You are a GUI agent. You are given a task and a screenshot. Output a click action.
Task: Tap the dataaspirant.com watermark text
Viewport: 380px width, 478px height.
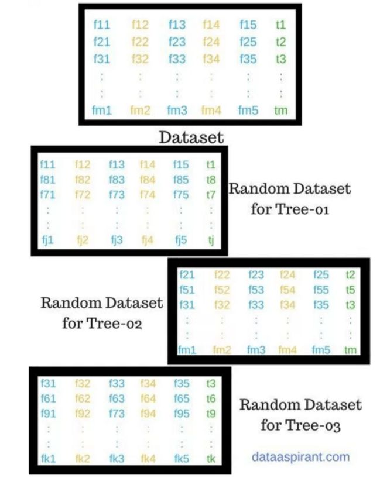(x=301, y=457)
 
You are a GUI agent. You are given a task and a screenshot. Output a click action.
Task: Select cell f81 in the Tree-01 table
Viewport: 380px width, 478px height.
(x=48, y=180)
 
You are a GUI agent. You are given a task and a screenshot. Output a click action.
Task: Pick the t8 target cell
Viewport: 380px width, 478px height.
(x=211, y=180)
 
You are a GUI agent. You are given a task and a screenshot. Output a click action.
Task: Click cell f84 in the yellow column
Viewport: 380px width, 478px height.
(x=148, y=180)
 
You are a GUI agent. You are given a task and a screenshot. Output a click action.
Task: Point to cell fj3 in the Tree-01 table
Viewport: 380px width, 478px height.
(x=117, y=240)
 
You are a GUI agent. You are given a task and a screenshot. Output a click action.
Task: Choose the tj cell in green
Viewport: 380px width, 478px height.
(x=211, y=240)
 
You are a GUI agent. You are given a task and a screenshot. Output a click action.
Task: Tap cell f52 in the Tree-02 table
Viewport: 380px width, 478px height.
(x=222, y=290)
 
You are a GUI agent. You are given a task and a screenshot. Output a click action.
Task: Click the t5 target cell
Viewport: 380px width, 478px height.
(x=350, y=290)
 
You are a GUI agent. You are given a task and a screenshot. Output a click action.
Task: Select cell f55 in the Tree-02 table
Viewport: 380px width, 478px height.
(x=321, y=290)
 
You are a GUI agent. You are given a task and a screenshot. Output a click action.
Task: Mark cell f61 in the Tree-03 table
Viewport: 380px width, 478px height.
(x=49, y=398)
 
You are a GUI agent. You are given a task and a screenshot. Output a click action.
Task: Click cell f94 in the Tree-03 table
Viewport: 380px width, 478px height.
(x=148, y=414)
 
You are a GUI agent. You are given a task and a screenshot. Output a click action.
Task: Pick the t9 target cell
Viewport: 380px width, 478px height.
(x=211, y=414)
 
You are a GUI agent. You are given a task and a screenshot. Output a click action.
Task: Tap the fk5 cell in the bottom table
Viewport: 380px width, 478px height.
(x=182, y=459)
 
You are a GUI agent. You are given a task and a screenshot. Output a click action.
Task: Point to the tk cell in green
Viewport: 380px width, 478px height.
(x=211, y=459)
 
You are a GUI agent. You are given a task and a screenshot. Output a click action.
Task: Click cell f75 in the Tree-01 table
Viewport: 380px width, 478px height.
(x=181, y=194)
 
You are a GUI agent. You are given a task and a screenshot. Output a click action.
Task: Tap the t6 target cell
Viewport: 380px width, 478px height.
(x=211, y=398)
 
